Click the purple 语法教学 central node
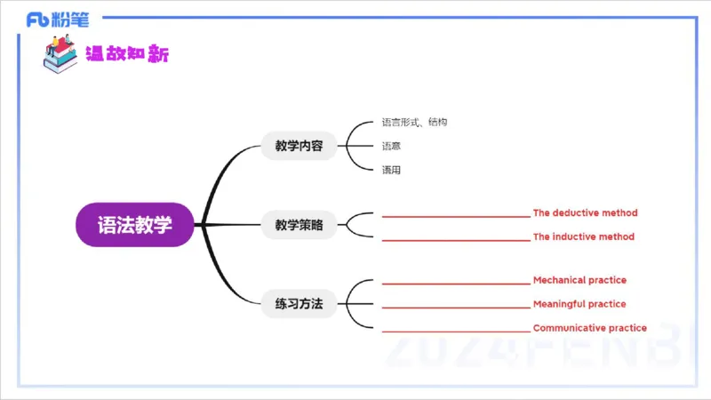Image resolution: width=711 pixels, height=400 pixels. click(x=135, y=225)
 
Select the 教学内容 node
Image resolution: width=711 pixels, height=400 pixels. click(x=299, y=146)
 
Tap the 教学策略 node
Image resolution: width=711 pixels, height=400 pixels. click(x=299, y=225)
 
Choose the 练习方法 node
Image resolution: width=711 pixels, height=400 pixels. click(x=299, y=304)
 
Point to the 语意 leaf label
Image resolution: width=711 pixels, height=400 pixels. click(x=391, y=146)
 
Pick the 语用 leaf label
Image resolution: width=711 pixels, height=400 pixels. click(x=391, y=170)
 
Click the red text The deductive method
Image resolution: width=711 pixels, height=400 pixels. click(x=585, y=213)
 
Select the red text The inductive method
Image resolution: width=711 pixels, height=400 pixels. click(x=583, y=237)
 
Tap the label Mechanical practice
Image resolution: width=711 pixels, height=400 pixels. click(x=579, y=281)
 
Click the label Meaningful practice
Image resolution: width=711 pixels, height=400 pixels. click(x=579, y=305)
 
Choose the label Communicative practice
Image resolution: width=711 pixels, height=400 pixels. click(x=589, y=328)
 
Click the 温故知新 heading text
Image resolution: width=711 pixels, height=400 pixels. click(x=126, y=54)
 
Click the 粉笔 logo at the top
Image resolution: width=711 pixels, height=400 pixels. click(x=57, y=19)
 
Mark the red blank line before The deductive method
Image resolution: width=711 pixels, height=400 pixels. click(x=455, y=216)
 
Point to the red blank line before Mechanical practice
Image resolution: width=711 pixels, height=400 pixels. click(x=455, y=284)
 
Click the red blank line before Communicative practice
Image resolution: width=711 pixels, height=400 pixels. click(x=455, y=331)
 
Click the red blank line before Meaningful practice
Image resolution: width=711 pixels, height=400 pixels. click(x=455, y=308)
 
